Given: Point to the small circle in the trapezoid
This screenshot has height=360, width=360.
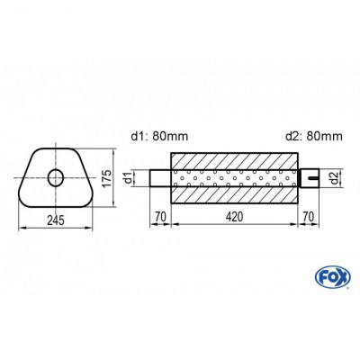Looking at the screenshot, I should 56,176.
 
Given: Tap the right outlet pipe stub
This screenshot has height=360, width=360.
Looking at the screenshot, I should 309,176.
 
